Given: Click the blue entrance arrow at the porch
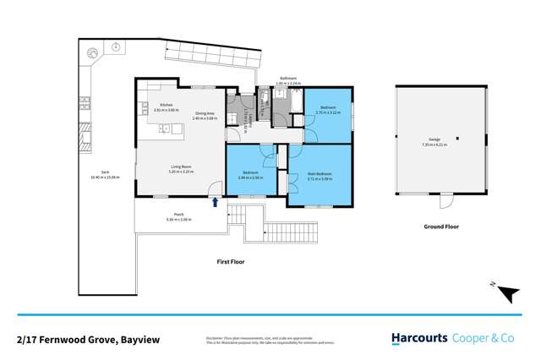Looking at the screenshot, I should [x=216, y=202].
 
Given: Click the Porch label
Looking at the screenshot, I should [x=179, y=214].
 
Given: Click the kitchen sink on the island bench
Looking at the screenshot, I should [x=167, y=129].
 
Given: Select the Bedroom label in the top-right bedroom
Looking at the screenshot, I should [x=327, y=110].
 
